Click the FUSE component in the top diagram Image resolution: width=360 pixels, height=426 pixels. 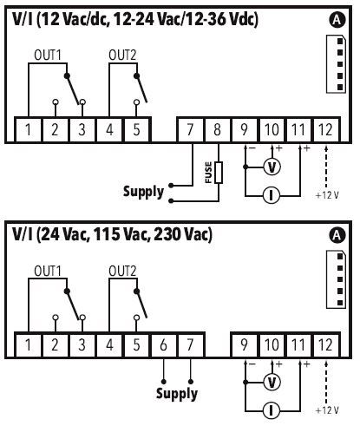coord(219,173)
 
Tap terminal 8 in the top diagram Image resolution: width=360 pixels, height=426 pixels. coord(217,129)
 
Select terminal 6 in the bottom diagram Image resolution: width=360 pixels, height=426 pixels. coord(163,344)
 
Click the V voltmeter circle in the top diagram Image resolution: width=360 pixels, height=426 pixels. coord(272,167)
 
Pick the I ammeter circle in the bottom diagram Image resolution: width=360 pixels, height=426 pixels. coord(272,410)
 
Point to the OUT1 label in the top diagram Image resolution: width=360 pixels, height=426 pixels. coord(48,56)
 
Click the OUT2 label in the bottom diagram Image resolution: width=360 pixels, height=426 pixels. coord(122,272)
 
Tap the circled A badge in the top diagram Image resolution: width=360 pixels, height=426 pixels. coord(337,20)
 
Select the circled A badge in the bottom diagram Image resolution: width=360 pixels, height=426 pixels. coord(337,235)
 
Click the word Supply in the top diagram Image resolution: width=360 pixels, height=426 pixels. coord(144,192)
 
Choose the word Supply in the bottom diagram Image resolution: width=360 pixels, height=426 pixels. coord(177,394)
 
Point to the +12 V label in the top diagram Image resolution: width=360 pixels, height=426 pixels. coord(327,195)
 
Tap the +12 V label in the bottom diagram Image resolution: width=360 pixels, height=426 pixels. coord(327,410)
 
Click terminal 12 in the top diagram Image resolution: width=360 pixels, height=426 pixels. coord(326,129)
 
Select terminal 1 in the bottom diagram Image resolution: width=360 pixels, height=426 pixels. coord(28,344)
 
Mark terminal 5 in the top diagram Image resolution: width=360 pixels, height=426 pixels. coord(137,129)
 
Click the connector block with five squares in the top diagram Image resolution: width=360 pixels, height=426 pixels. coord(336,64)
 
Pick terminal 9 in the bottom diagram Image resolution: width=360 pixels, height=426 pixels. coord(245,344)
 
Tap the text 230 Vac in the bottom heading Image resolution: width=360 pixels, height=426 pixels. coord(183,234)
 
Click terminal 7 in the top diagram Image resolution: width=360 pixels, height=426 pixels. coord(190,129)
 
